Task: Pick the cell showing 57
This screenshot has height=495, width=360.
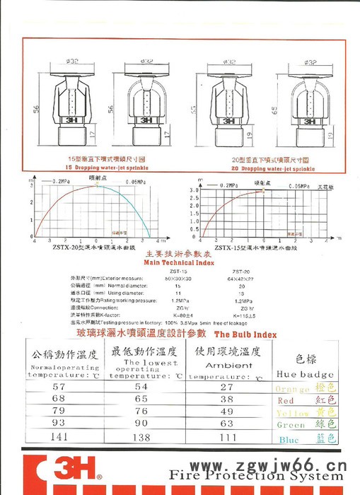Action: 58,388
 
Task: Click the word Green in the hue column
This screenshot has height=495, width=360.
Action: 291,425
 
